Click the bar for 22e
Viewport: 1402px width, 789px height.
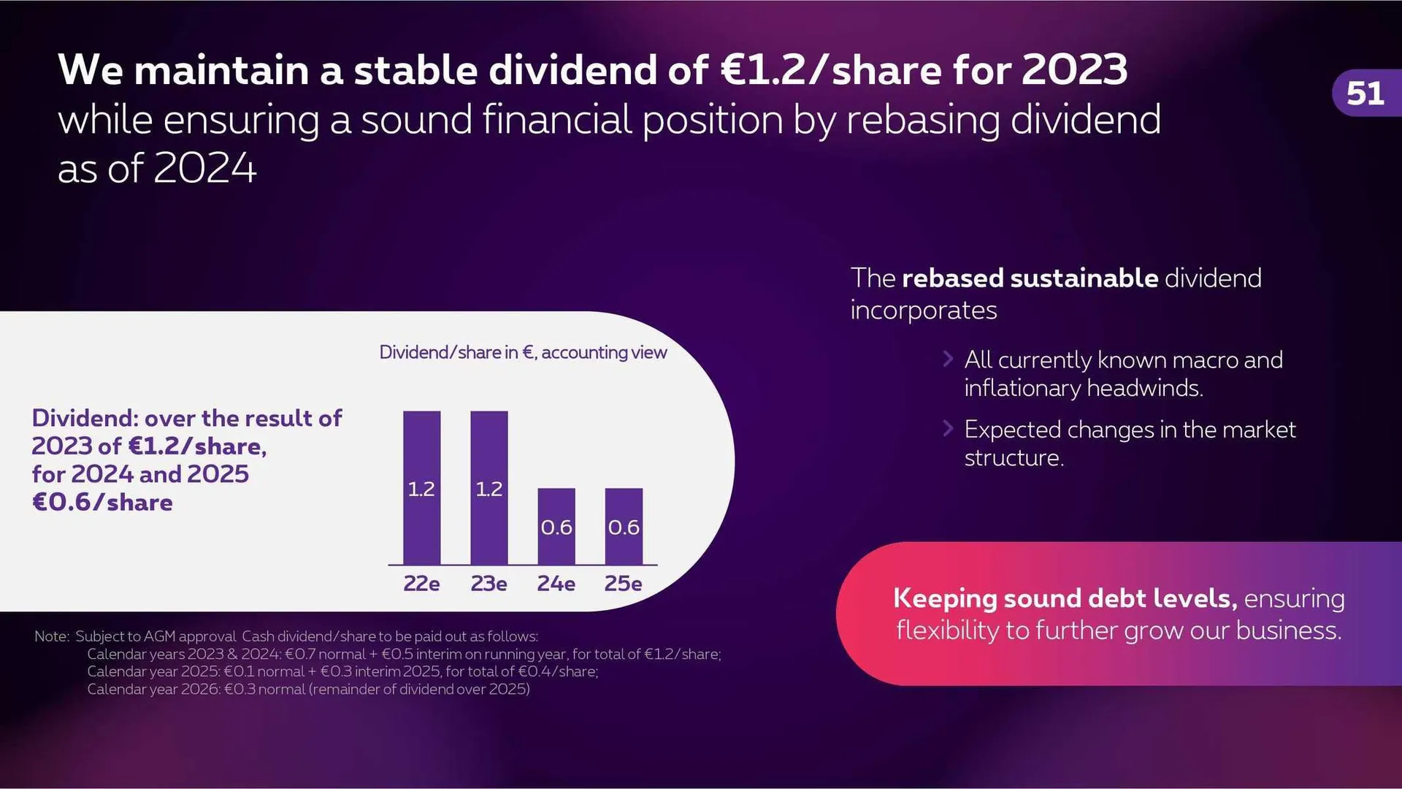click(x=421, y=487)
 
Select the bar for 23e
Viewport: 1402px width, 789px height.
click(x=489, y=487)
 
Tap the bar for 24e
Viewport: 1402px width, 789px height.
click(x=556, y=526)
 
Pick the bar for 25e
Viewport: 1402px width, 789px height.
click(x=624, y=526)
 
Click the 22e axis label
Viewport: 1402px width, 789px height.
click(x=421, y=584)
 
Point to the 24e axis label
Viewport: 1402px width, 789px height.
click(x=556, y=584)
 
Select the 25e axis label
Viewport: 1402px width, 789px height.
click(x=624, y=584)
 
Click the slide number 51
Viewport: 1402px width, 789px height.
click(x=1365, y=94)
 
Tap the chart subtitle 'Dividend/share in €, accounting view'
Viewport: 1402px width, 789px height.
click(x=523, y=353)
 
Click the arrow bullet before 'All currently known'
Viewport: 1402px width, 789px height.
click(x=948, y=359)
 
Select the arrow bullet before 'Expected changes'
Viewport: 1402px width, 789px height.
click(x=948, y=428)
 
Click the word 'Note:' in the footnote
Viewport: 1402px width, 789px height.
click(x=52, y=636)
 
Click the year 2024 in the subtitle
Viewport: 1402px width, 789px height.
click(x=205, y=168)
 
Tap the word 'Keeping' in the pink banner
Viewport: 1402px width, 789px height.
click(x=945, y=599)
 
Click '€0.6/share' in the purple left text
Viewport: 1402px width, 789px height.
click(x=102, y=503)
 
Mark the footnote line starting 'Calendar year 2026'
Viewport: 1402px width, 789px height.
click(x=308, y=689)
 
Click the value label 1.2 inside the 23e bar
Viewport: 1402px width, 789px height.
click(x=489, y=489)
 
